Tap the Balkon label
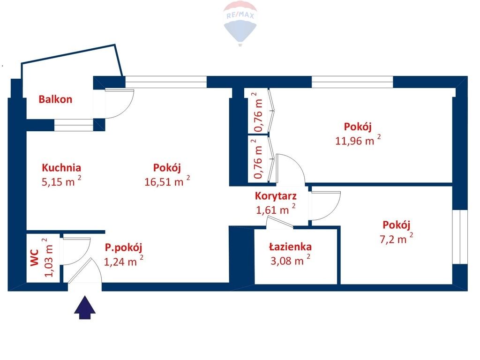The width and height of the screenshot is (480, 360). pyautogui.click(x=55, y=99)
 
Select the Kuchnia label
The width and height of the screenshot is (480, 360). pyautogui.click(x=61, y=167)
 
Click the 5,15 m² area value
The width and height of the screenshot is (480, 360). pyautogui.click(x=61, y=181)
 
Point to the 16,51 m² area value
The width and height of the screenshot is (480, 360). pyautogui.click(x=167, y=181)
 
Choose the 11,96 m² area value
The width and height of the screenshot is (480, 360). pyautogui.click(x=358, y=140)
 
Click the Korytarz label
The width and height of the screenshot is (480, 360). pyautogui.click(x=276, y=195)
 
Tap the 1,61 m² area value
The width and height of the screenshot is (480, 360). pyautogui.click(x=276, y=210)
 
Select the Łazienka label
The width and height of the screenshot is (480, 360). pyautogui.click(x=290, y=247)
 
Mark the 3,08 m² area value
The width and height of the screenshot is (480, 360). pyautogui.click(x=290, y=260)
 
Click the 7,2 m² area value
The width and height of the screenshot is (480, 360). pyautogui.click(x=396, y=239)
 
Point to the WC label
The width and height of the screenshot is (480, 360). pyautogui.click(x=35, y=258)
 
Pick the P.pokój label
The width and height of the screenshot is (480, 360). pyautogui.click(x=123, y=247)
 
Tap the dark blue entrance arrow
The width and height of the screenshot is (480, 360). pyautogui.click(x=85, y=307)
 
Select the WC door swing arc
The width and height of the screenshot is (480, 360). pyautogui.click(x=85, y=256)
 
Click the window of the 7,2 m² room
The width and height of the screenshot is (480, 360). pyautogui.click(x=460, y=237)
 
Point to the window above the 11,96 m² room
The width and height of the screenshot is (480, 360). pyautogui.click(x=352, y=82)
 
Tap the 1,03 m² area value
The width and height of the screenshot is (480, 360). pyautogui.click(x=48, y=257)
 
